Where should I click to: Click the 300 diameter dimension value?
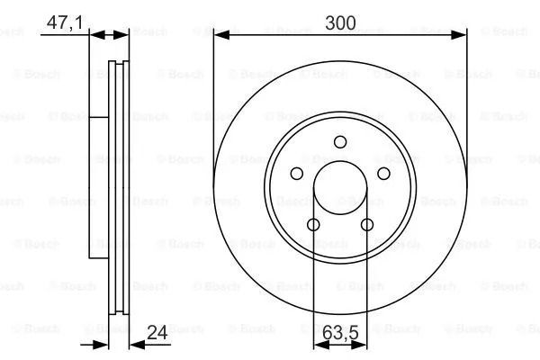click(340, 23)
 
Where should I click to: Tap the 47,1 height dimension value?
click(65, 23)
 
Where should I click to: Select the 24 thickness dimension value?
click(157, 332)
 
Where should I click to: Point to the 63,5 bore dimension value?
click(340, 332)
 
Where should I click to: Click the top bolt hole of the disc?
click(340, 142)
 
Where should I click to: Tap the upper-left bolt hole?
click(296, 174)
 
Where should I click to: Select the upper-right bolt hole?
click(383, 174)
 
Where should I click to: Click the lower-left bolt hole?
click(313, 225)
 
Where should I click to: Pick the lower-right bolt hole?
click(367, 225)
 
